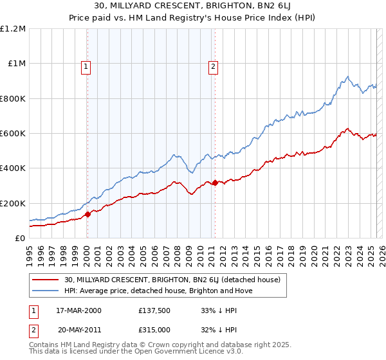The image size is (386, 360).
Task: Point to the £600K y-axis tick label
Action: [x=13, y=134]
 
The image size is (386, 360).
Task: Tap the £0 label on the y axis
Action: [x=20, y=239]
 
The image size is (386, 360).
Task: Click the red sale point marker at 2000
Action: [x=88, y=214]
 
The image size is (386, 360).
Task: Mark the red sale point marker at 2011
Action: [x=215, y=183]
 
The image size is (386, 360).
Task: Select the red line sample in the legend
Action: [x=46, y=280]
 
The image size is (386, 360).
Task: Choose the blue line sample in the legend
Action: [x=46, y=291]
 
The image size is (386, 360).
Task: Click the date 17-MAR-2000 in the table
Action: [x=78, y=310]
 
